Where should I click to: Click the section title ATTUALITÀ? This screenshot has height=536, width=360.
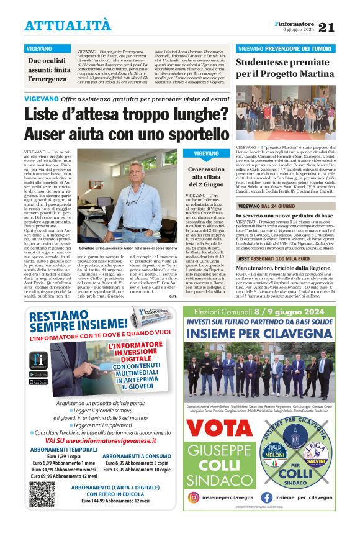(x=68, y=25)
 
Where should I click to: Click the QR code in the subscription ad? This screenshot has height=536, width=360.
(x=42, y=494)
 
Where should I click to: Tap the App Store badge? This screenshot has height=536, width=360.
(x=38, y=381)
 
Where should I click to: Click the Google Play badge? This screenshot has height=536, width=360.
(x=38, y=374)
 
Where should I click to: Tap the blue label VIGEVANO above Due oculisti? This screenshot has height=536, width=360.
(x=39, y=48)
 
